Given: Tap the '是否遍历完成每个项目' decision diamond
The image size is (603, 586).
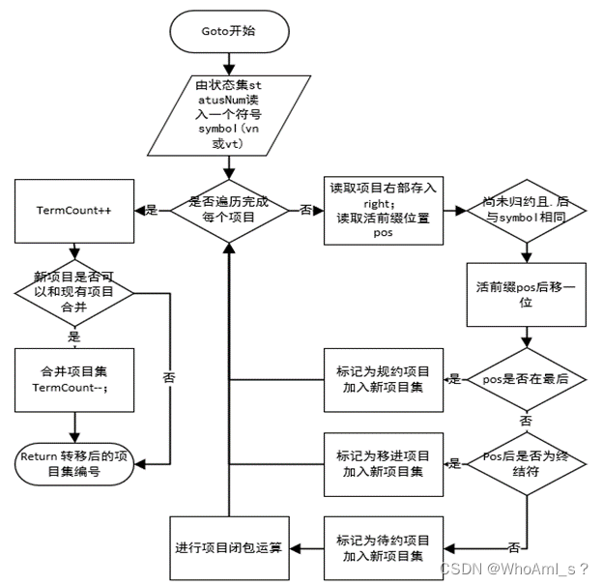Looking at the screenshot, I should tap(229, 210).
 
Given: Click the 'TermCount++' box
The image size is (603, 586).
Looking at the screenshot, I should tap(73, 210).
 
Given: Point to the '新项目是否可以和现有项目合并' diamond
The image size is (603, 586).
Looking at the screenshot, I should tap(73, 292).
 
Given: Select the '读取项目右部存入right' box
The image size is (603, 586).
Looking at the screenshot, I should tap(381, 210).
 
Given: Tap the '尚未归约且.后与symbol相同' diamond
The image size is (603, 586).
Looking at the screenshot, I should tap(525, 210).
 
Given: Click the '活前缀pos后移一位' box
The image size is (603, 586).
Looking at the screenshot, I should tap(525, 293).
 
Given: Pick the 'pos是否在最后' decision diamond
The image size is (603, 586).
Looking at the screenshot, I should tap(525, 379).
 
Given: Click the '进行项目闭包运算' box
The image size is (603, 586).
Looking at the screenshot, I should tap(229, 547).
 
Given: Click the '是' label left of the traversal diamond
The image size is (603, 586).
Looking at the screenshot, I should tap(151, 210).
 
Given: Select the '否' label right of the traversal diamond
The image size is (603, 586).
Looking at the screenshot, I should tap(306, 210).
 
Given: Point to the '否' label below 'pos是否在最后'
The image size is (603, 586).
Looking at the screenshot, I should tap(525, 423).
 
